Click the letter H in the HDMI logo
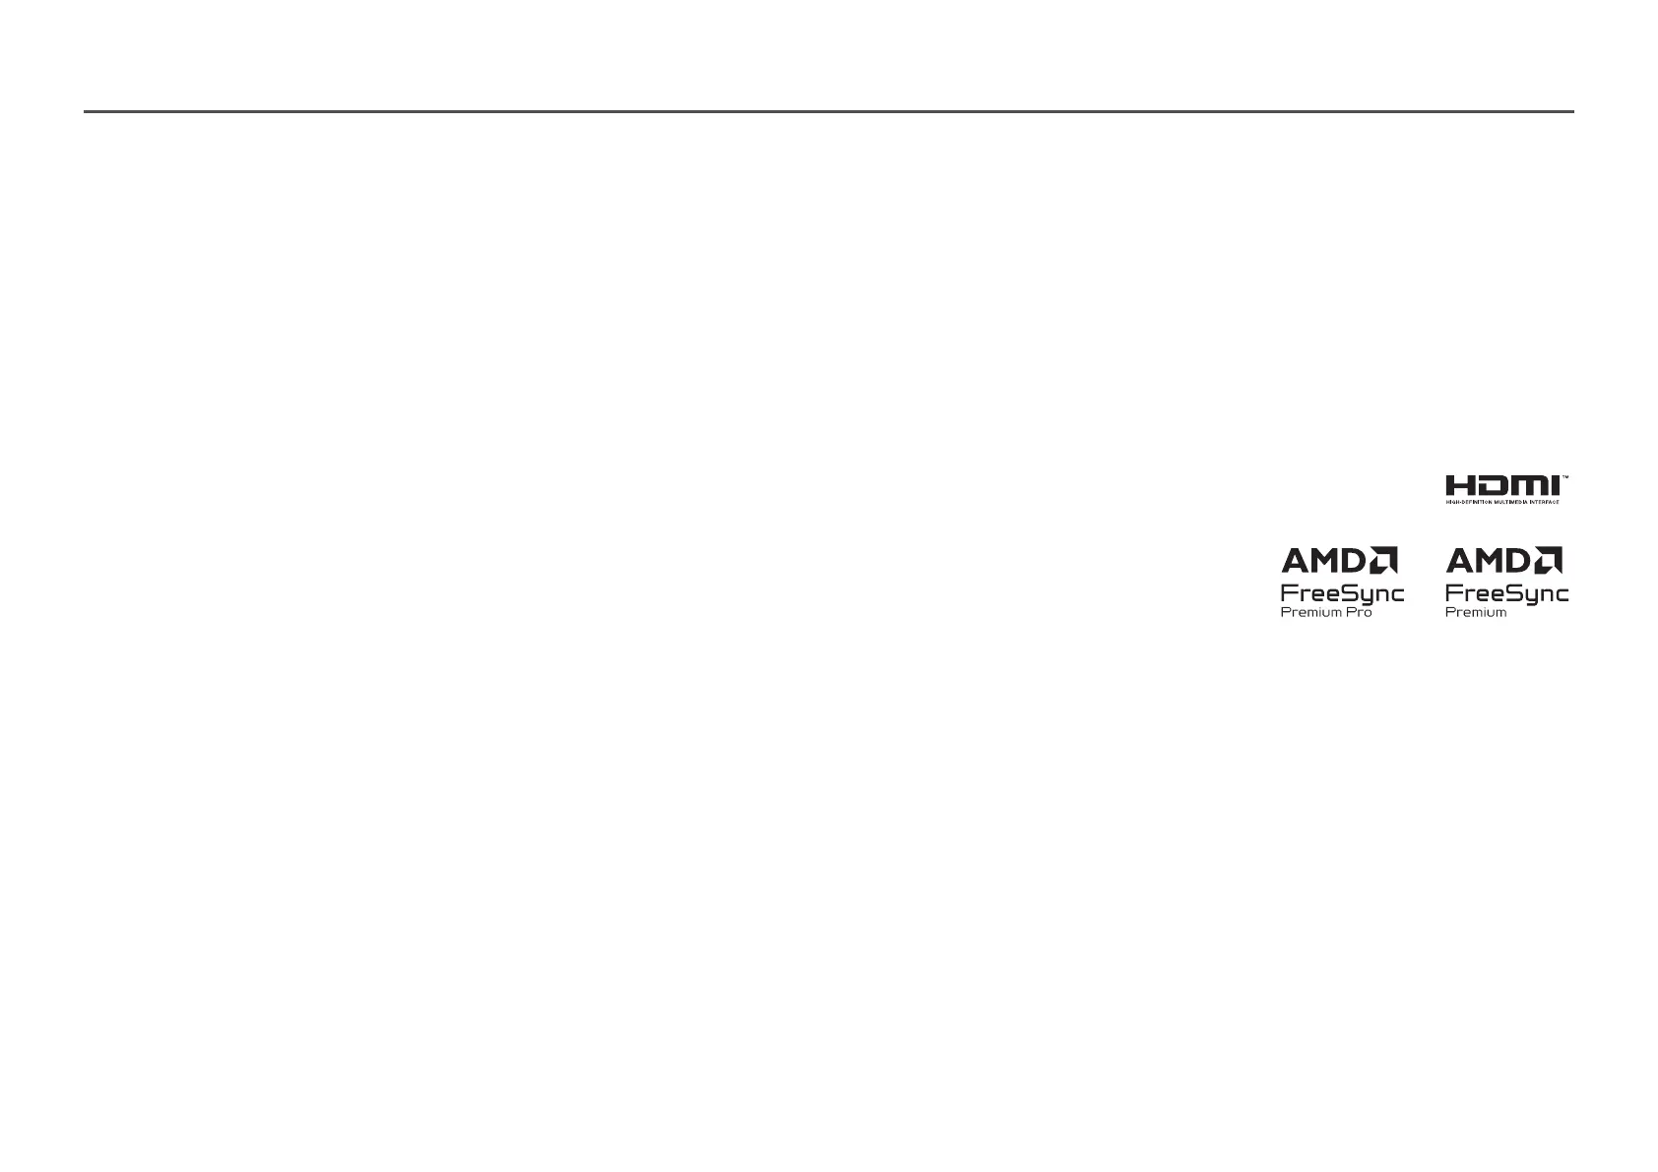coord(1459,486)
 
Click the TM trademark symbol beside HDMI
coord(1564,477)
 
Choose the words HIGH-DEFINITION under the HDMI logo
coord(1469,502)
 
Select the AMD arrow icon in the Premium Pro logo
coord(1384,561)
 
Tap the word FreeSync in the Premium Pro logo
coord(1342,593)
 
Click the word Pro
coord(1360,612)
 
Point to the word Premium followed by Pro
coord(1310,612)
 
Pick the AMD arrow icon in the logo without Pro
coord(1550,561)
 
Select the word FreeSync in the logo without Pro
coord(1506,593)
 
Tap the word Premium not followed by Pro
coord(1476,612)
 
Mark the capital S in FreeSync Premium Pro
coord(1342,593)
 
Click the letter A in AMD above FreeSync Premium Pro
coord(1294,561)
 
